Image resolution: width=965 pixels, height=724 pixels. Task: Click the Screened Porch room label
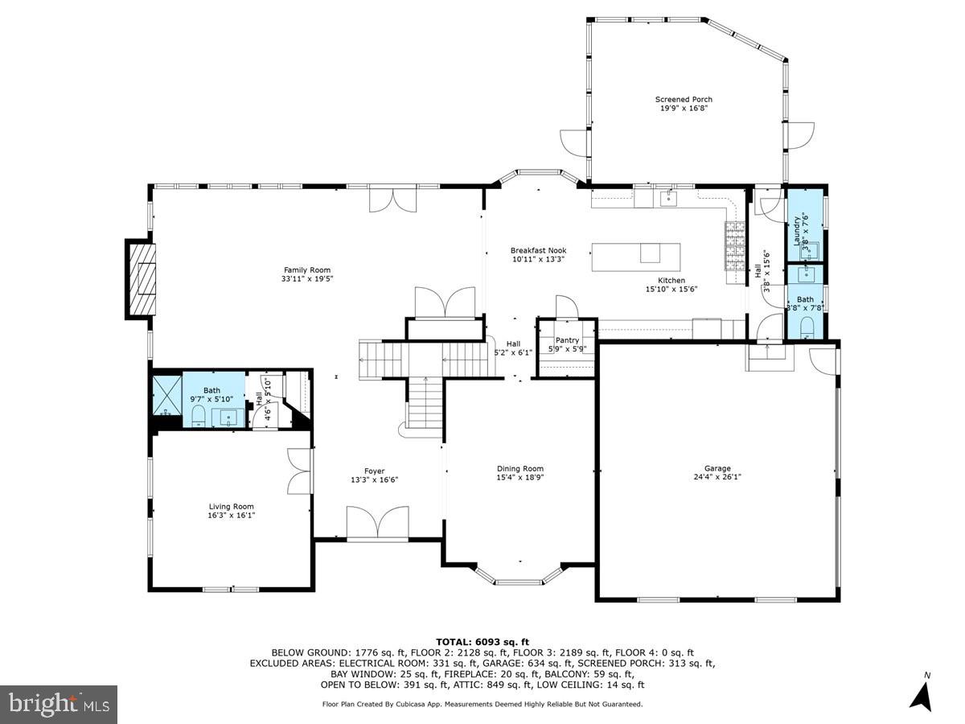683,100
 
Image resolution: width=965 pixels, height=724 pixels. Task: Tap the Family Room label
306,270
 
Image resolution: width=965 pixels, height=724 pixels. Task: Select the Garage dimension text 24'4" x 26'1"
717,477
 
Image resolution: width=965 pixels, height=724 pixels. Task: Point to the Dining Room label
520,469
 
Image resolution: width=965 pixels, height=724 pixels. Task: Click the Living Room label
232,507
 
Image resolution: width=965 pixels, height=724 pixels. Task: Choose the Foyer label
374,471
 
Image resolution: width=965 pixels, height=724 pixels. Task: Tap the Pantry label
567,340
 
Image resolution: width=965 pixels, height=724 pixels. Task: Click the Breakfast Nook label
538,250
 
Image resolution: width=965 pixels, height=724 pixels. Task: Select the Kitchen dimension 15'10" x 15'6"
671,289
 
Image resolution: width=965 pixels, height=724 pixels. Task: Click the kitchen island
636,256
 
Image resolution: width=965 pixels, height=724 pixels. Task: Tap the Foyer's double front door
377,524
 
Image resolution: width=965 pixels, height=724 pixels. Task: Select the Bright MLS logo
59,704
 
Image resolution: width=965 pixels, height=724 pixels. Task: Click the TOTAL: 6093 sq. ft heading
482,641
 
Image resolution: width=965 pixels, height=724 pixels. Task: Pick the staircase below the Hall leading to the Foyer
425,402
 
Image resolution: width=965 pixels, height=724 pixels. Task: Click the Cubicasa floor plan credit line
482,704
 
